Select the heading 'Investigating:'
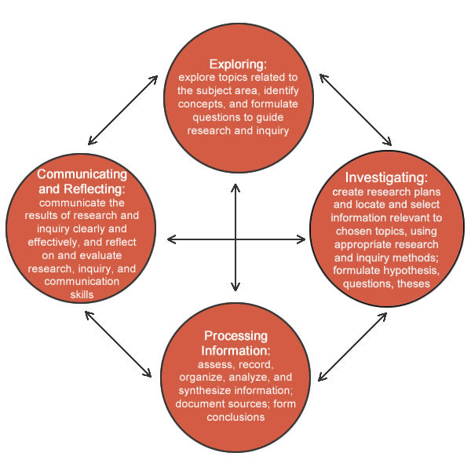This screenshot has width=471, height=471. pos(380,177)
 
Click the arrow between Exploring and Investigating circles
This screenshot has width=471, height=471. pos(354,111)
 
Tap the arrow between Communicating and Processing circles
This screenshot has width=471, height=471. pos(119,345)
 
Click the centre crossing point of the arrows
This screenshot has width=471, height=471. pos(235,239)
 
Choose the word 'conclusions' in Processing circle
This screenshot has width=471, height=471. pos(235,417)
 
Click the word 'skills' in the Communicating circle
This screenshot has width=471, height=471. pos(81,294)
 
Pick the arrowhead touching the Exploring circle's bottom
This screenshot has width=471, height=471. pos(235,186)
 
